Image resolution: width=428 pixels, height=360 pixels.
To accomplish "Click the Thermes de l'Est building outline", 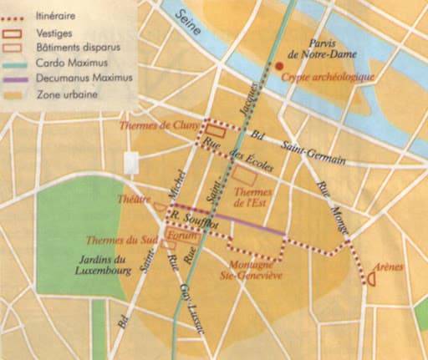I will coord(244,175).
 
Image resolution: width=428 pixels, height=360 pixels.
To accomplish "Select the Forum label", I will coord(179,236).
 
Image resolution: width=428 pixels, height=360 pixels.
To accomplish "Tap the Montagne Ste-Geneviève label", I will coord(252,268).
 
